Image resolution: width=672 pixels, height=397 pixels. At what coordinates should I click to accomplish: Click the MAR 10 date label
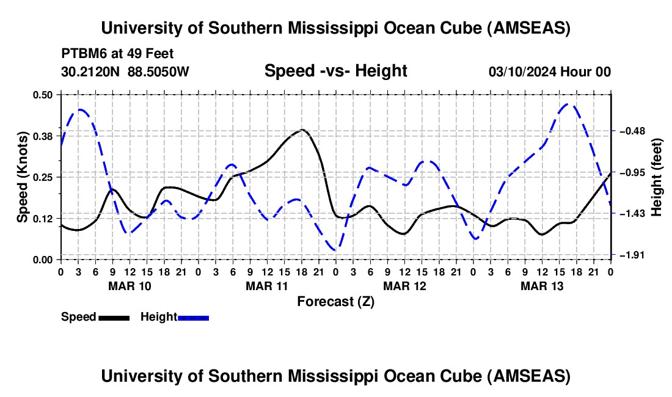click(129, 285)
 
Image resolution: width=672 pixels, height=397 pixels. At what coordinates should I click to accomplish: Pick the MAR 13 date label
click(541, 285)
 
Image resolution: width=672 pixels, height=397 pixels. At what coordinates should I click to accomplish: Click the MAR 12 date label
click(404, 285)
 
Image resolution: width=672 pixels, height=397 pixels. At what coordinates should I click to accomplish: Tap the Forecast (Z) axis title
click(335, 301)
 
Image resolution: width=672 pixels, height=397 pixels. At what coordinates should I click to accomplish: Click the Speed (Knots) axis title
click(22, 177)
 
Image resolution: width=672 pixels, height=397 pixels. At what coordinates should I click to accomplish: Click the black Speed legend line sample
click(113, 317)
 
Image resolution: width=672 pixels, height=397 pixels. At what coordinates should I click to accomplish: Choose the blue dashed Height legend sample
click(193, 317)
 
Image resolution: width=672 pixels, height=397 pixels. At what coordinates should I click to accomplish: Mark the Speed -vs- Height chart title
click(335, 71)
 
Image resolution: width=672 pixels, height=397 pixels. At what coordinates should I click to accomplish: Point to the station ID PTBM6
click(82, 54)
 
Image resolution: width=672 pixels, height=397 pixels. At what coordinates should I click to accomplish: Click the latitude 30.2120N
click(92, 71)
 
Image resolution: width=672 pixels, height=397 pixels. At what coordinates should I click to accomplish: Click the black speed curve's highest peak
click(302, 129)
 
